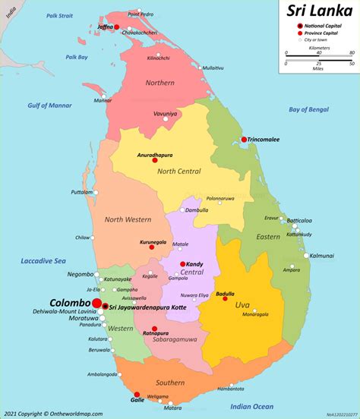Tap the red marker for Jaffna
tap(116, 27)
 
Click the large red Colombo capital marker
tap(97, 303)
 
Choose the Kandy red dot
tap(182, 264)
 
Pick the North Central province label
tap(179, 171)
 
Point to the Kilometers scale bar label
tap(319, 47)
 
